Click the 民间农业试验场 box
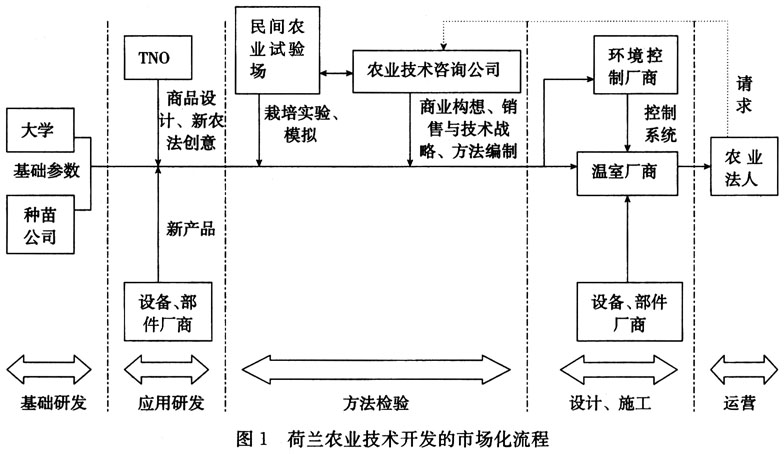click(275, 47)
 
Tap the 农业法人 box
click(741, 167)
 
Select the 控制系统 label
click(657, 121)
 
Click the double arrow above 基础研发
click(48, 367)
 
